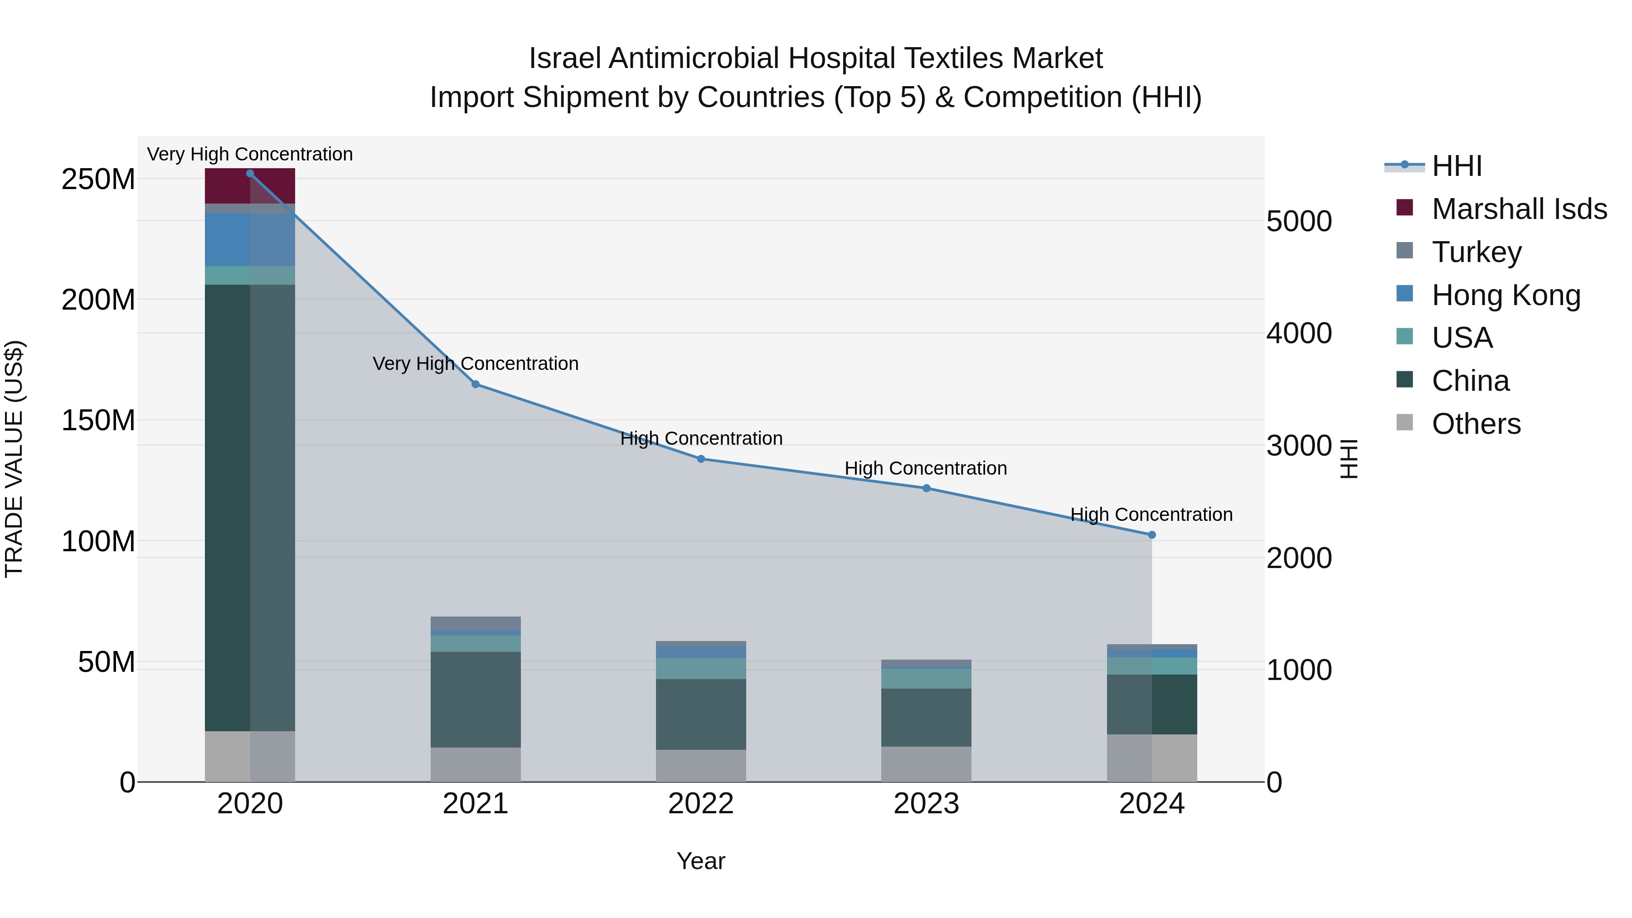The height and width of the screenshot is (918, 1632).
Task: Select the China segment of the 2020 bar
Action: click(x=250, y=507)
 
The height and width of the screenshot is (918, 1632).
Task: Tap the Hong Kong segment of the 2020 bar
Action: click(x=250, y=239)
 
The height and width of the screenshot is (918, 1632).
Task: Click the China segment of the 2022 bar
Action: click(x=701, y=714)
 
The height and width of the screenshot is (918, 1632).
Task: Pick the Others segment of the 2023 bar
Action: click(x=926, y=763)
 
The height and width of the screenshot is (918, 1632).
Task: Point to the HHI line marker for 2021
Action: click(x=475, y=384)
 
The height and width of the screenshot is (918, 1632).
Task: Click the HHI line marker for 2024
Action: click(x=1152, y=535)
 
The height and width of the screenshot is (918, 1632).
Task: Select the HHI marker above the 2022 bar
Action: click(x=701, y=459)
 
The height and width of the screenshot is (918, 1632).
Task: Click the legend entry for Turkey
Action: click(x=1476, y=252)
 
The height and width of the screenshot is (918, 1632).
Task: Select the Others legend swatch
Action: click(x=1404, y=423)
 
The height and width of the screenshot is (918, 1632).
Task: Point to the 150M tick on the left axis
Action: click(x=98, y=421)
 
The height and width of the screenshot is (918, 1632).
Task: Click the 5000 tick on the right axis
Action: click(x=1299, y=222)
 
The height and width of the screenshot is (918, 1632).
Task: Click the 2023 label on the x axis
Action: click(x=926, y=804)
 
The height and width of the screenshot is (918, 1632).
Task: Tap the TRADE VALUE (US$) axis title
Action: click(x=14, y=459)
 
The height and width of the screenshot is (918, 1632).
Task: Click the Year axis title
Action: click(x=701, y=861)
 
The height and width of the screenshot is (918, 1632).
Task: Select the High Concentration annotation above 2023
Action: click(x=926, y=468)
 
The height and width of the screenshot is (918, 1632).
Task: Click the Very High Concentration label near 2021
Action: click(x=475, y=364)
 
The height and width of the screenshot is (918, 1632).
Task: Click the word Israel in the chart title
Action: click(x=565, y=58)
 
